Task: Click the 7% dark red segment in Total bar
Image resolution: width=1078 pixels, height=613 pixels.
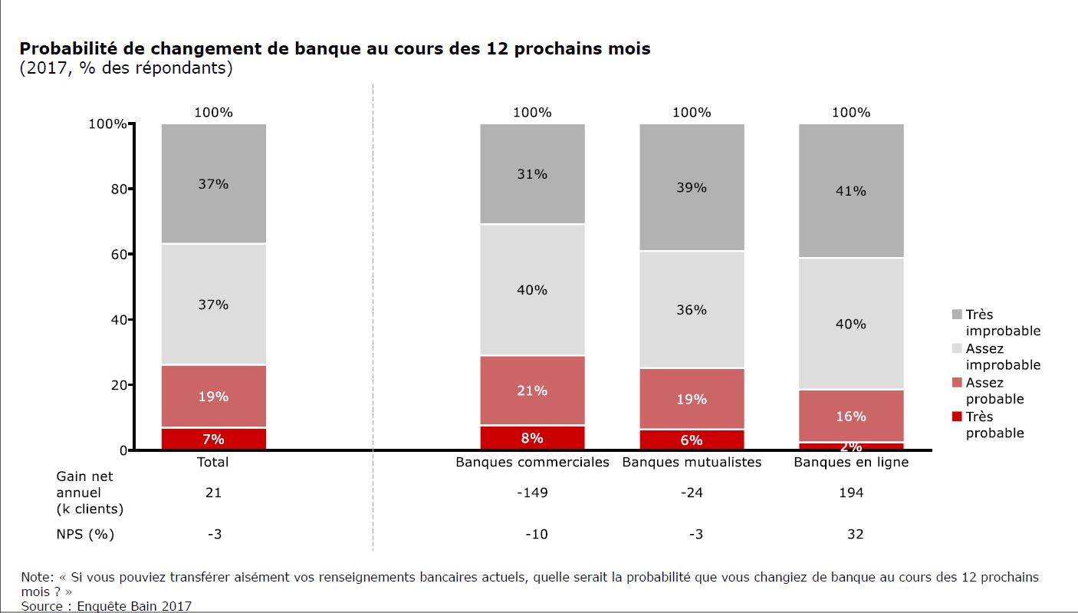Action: click(x=213, y=439)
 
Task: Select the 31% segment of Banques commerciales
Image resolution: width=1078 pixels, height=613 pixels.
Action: click(x=532, y=174)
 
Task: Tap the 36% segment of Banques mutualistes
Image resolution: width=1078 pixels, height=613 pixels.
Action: click(x=692, y=310)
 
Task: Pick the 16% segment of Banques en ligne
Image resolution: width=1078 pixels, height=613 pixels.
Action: click(x=851, y=416)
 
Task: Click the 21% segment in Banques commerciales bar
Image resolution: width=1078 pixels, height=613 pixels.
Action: click(x=532, y=391)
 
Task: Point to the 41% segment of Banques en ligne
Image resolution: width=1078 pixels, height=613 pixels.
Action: click(x=851, y=191)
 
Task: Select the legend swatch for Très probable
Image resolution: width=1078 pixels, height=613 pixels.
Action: click(x=956, y=417)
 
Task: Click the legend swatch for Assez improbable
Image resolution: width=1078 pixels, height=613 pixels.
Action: click(x=956, y=348)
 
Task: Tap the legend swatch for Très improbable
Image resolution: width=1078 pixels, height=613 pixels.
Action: click(x=956, y=315)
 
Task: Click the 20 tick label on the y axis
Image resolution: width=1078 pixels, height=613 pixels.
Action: click(x=117, y=385)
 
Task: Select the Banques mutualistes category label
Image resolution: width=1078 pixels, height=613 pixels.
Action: click(x=692, y=463)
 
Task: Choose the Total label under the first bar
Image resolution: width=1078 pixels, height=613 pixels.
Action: click(x=213, y=463)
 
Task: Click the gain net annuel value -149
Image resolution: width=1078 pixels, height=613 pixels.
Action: click(x=532, y=493)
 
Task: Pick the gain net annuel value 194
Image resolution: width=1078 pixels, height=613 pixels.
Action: click(x=851, y=493)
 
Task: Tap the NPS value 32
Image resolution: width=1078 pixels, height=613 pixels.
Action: click(x=855, y=534)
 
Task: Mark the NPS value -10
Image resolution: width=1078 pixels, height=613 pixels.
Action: click(x=536, y=534)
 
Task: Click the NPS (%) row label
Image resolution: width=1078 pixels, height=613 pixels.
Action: click(x=85, y=534)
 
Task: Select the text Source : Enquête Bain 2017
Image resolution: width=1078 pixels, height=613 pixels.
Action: click(x=107, y=606)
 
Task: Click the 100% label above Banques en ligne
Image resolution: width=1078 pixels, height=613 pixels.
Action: click(x=851, y=112)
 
